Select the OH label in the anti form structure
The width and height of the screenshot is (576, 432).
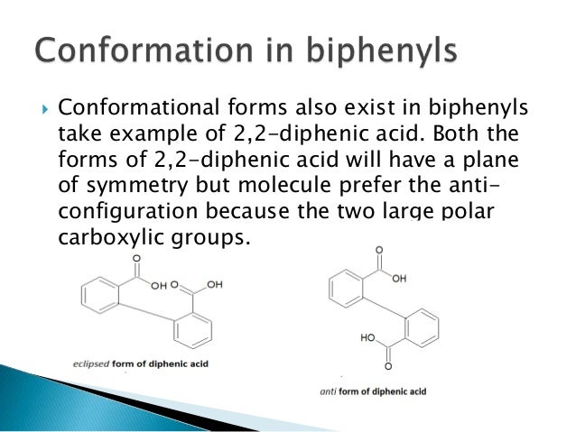[x=399, y=279]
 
